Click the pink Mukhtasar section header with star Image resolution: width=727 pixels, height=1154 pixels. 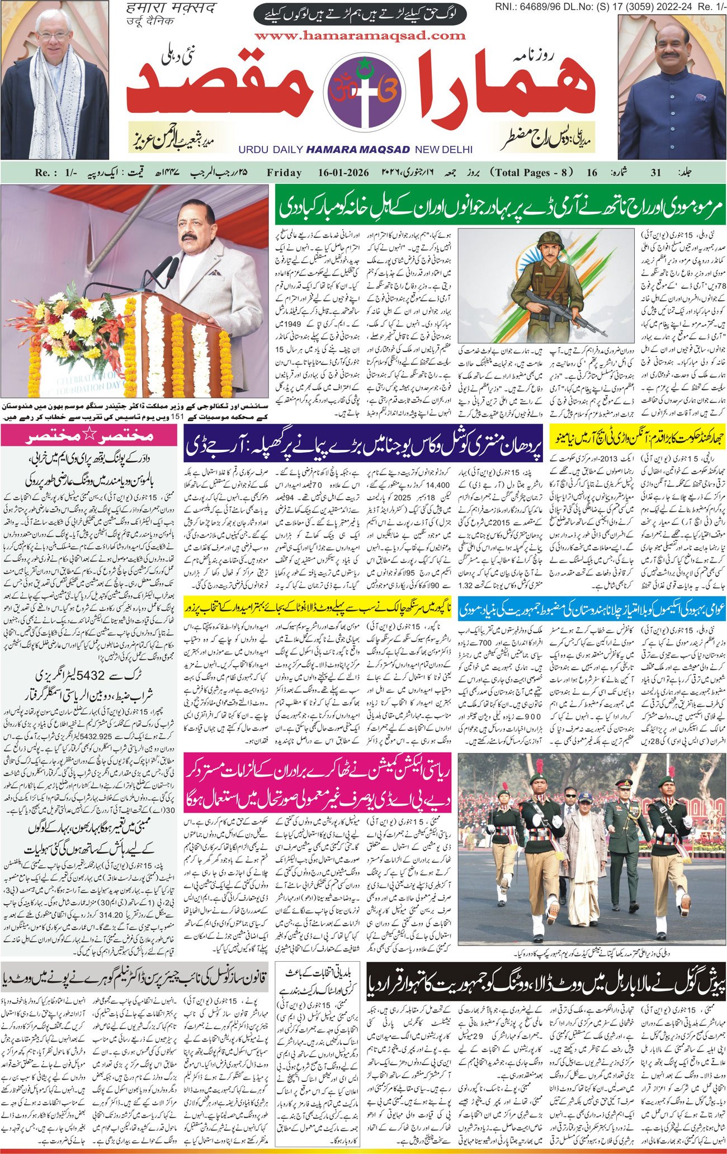point(90,435)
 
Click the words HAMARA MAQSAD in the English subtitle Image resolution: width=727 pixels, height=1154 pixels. point(358,150)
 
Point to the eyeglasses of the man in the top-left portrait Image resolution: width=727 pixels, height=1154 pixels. point(53,35)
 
